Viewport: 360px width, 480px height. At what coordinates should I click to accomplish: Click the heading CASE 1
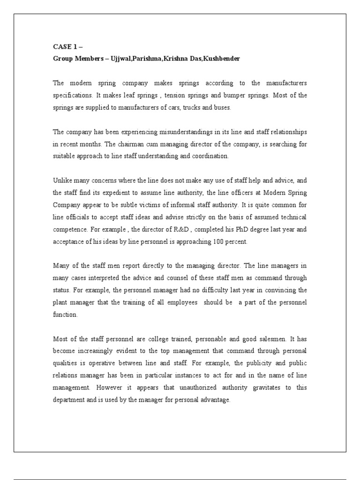click(x=64, y=47)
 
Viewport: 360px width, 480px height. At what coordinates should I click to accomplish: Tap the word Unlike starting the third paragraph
click(x=60, y=180)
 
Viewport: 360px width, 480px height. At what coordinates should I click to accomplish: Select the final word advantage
click(x=215, y=400)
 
